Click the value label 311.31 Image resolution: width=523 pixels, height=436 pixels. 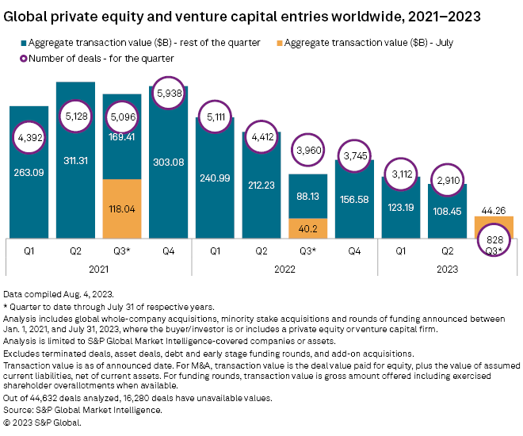77,184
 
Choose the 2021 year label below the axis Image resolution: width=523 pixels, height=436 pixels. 99,270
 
